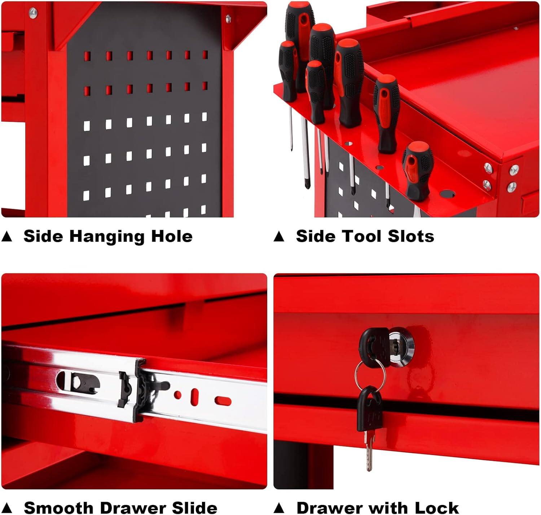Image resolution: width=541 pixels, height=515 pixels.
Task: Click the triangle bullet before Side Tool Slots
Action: coord(279,237)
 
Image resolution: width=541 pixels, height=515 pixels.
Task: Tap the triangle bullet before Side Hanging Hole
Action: coord(7,237)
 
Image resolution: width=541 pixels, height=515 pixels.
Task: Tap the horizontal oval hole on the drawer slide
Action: coord(223,400)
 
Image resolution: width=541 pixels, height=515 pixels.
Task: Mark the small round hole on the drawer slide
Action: coord(177,395)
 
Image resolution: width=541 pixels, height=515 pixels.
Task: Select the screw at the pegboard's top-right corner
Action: coord(228,18)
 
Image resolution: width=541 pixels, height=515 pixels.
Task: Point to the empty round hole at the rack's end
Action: coord(447,194)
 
